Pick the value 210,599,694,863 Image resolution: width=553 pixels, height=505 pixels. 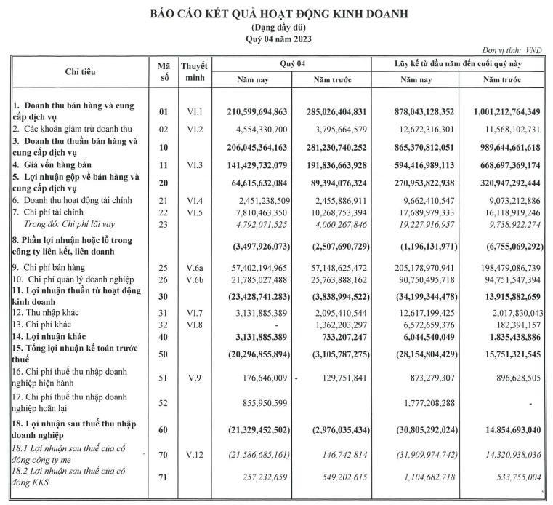pos(251,111)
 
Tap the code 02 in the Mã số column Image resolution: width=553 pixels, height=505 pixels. pos(164,128)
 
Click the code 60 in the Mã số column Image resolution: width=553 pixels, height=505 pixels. pos(164,430)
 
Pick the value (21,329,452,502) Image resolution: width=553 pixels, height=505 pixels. pos(251,430)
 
